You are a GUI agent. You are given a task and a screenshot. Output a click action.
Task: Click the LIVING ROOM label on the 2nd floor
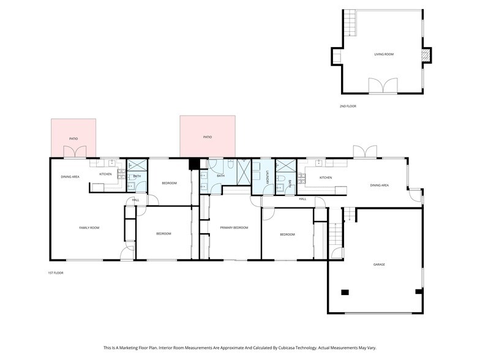point(384,54)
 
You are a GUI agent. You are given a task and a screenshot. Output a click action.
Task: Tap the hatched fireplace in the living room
point(426,56)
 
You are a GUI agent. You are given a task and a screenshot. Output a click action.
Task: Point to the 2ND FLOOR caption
point(348,107)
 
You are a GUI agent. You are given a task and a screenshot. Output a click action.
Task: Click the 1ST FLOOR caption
point(56,272)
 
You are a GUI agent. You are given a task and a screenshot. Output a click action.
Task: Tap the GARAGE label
point(379,264)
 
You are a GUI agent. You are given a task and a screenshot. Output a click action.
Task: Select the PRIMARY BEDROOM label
point(234,228)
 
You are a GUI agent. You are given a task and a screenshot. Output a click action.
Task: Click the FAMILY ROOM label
point(89,228)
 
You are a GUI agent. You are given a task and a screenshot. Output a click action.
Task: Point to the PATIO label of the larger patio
point(208,137)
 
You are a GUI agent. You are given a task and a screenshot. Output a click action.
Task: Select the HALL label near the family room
point(135,200)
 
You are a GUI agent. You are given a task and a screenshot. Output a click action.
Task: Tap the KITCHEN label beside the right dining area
point(325,178)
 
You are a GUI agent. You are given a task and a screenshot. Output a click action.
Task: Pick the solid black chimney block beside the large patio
point(195,163)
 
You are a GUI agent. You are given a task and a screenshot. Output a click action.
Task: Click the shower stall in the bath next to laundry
point(285,165)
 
